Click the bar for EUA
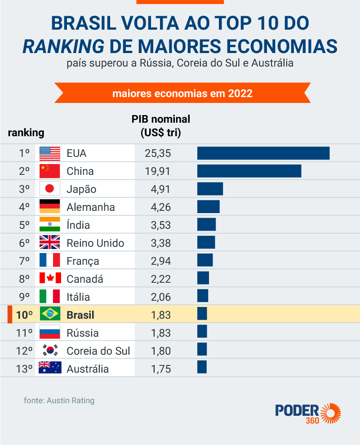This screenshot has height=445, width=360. (x=263, y=153)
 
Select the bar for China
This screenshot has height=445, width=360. (x=249, y=171)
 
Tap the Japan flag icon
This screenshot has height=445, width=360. (x=49, y=189)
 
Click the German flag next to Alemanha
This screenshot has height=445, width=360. (x=49, y=207)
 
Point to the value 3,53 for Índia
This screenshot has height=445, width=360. (x=161, y=225)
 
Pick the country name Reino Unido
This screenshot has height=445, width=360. (x=95, y=243)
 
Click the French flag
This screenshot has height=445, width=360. (x=49, y=261)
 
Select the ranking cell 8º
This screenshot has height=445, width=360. (x=24, y=279)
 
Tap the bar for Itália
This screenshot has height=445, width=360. (x=203, y=297)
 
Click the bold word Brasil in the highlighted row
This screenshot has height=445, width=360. (x=80, y=315)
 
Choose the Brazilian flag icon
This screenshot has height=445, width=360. (x=49, y=315)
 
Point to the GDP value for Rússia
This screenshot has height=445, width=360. (x=161, y=333)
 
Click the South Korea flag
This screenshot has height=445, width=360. (x=49, y=351)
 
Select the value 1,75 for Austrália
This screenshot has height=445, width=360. (x=161, y=369)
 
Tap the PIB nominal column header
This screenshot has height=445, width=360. (x=161, y=126)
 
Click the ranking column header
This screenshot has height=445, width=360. (x=26, y=133)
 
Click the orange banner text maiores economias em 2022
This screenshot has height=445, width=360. (x=182, y=94)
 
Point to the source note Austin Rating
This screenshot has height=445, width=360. (x=59, y=400)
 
